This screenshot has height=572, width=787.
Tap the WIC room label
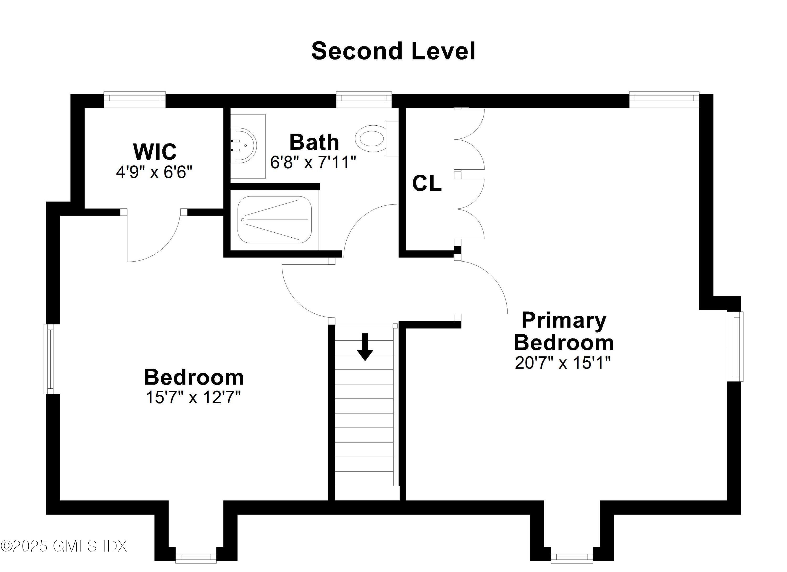click(155, 152)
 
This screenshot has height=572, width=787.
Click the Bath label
click(314, 142)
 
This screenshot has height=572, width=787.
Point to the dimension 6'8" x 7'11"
click(313, 162)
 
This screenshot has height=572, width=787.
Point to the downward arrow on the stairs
click(365, 347)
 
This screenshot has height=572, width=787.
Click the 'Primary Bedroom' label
click(564, 331)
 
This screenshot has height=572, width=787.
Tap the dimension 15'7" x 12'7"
click(193, 398)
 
